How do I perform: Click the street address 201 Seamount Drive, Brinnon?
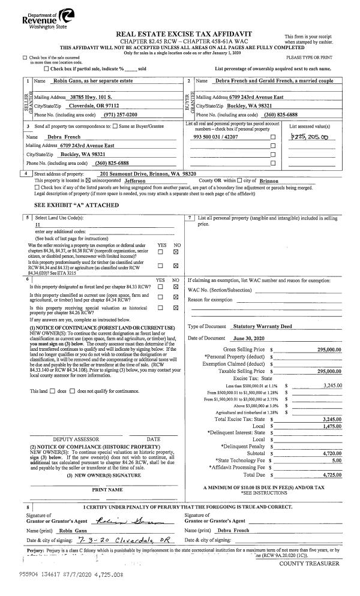[148, 173]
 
